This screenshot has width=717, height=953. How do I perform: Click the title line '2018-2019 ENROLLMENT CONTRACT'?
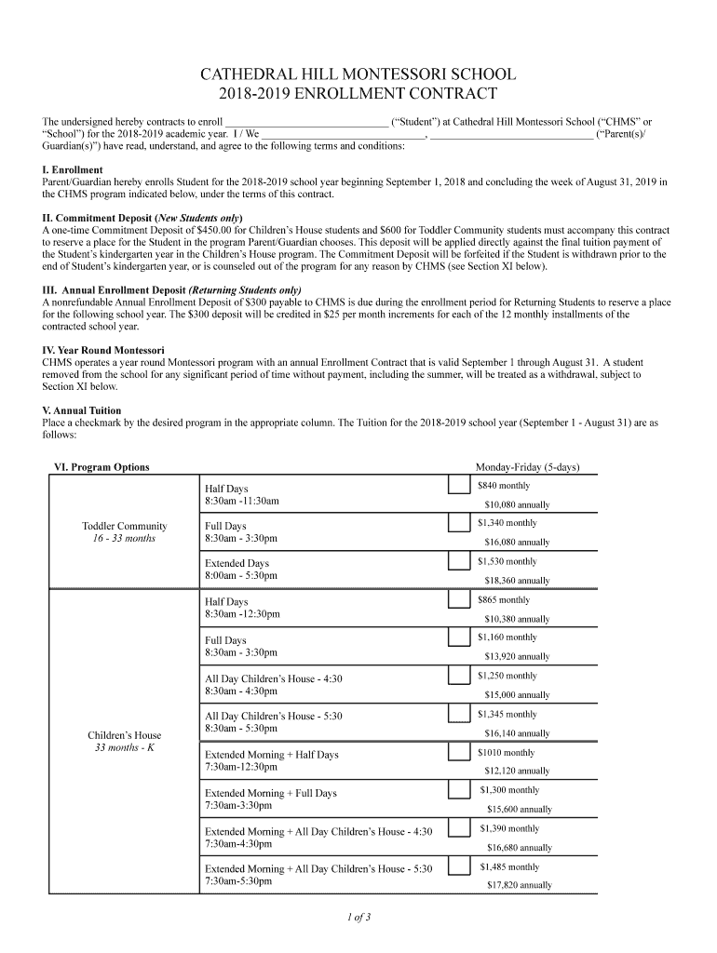358,94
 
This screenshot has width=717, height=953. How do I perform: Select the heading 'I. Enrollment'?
73,170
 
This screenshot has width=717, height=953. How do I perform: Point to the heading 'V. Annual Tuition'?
82,410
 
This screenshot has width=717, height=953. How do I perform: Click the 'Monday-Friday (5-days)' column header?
526,467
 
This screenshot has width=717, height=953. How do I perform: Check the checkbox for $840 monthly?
458,486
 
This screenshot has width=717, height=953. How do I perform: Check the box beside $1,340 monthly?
458,523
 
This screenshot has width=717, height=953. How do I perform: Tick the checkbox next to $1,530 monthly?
458,561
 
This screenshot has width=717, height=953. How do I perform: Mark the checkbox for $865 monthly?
458,599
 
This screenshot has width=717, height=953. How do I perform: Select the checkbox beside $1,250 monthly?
458,676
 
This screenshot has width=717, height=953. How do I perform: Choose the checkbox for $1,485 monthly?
458,866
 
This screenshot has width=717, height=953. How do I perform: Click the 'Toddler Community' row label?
125,526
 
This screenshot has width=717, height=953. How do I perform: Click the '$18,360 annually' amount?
517,581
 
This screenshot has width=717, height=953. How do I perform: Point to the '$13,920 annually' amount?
517,657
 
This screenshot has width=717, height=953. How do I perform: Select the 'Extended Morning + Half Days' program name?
272,755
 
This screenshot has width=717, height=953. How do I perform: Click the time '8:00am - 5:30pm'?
241,576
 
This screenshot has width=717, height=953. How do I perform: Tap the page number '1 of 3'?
358,918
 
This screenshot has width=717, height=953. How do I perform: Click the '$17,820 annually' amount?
520,886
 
